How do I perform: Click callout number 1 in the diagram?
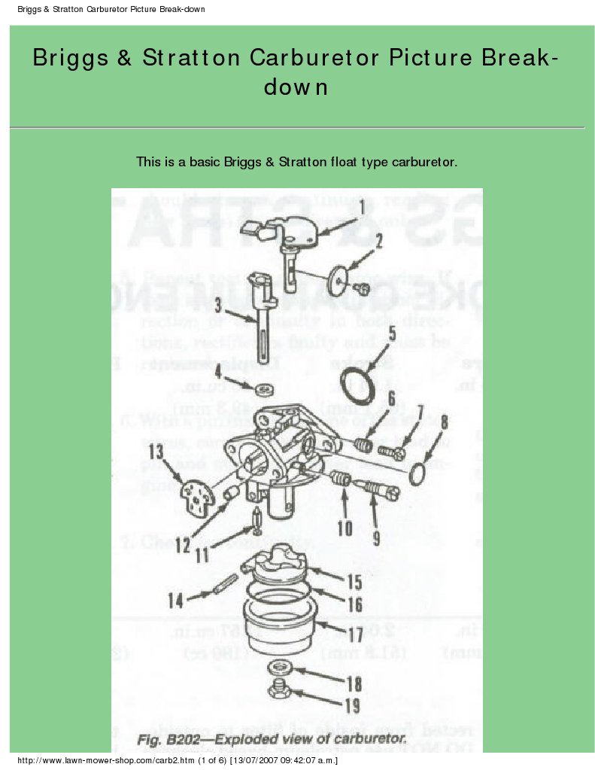(362, 205)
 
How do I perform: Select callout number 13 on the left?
(156, 452)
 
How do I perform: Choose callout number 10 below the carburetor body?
(345, 528)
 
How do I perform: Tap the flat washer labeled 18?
(283, 668)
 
